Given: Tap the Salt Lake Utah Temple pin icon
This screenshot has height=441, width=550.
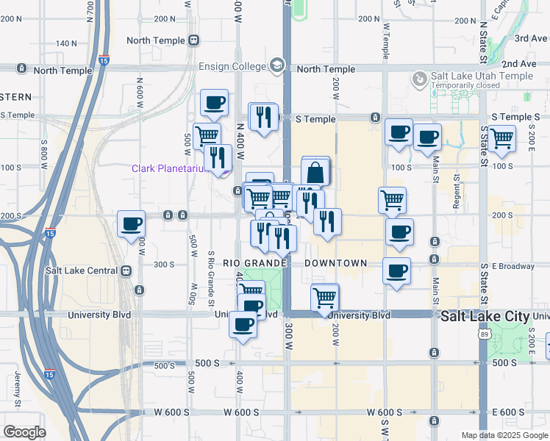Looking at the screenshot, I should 419,78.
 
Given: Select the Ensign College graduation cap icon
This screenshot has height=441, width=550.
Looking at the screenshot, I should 277,65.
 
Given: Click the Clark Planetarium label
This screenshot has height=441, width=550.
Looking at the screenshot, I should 174,168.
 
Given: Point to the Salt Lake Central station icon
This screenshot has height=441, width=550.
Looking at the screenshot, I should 126,270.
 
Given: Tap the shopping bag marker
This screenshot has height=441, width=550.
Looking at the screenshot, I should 315,173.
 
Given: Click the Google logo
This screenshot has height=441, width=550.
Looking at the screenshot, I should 25,432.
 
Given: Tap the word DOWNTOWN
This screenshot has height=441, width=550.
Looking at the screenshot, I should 335,263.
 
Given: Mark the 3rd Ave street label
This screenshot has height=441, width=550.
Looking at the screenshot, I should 530,38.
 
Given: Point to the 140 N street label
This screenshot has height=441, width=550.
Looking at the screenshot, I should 66,44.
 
